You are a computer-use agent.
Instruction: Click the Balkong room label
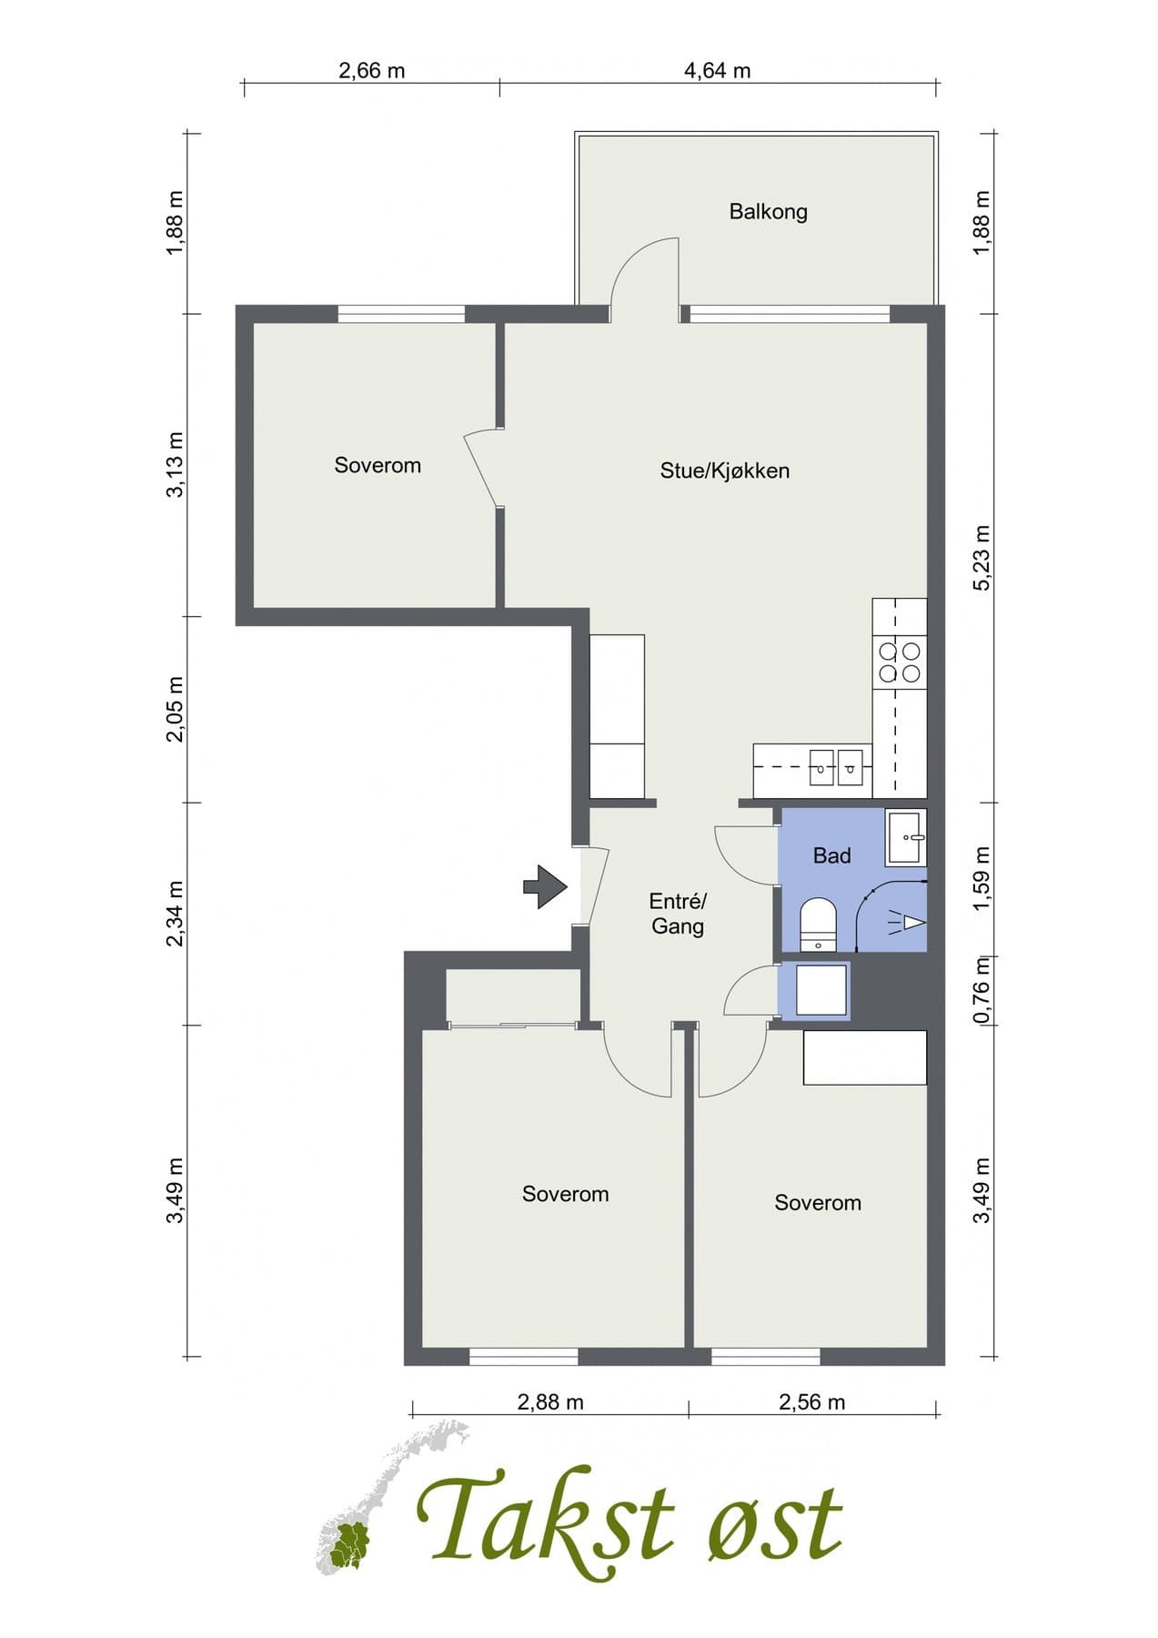[x=768, y=212]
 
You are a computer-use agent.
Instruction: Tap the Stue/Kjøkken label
[x=724, y=470]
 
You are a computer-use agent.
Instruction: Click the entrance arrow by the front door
[x=545, y=886]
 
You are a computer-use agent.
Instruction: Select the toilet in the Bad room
[x=818, y=924]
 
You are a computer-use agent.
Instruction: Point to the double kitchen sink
[x=836, y=766]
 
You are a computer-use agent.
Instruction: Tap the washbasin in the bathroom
[x=906, y=838]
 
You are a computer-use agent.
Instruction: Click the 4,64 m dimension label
[x=717, y=70]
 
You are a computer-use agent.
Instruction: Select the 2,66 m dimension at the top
[x=371, y=70]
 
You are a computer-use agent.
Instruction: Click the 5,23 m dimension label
[x=982, y=559]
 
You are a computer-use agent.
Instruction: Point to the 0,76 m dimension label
[x=982, y=990]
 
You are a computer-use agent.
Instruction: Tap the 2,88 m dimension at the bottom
[x=549, y=1402]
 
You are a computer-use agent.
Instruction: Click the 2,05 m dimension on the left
[x=176, y=709]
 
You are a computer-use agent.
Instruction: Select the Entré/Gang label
[x=677, y=914]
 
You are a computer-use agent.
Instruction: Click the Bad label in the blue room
[x=831, y=855]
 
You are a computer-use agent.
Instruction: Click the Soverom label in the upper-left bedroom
[x=378, y=465]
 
